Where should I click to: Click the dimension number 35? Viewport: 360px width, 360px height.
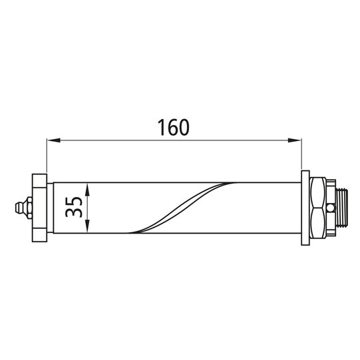(74, 207)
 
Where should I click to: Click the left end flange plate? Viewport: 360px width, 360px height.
(39, 207)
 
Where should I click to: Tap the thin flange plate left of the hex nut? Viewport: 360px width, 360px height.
(305, 207)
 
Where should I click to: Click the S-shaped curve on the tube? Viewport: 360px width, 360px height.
(180, 207)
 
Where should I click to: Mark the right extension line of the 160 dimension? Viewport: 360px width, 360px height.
(301, 156)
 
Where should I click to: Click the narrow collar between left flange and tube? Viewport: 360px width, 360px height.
(50, 207)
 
